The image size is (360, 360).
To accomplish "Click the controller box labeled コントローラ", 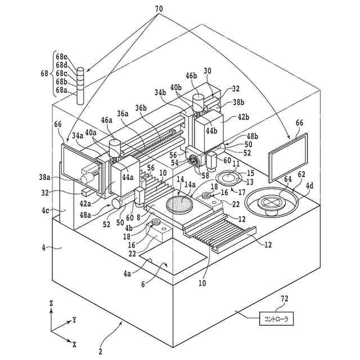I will pyautogui.click(x=276, y=318).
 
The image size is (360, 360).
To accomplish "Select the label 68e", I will pyautogui.click(x=61, y=57).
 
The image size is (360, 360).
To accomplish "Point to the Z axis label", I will pyautogui.click(x=51, y=303).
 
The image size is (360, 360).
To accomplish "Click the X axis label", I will pyautogui.click(x=74, y=343).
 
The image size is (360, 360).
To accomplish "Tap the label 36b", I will pyautogui.click(x=141, y=109).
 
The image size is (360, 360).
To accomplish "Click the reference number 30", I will pyautogui.click(x=208, y=71).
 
